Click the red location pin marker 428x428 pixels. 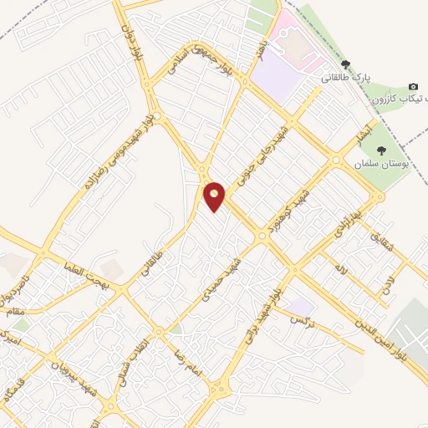pyautogui.click(x=215, y=196)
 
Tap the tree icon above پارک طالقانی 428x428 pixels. pyautogui.click(x=344, y=64)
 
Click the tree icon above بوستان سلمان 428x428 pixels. pyautogui.click(x=381, y=150)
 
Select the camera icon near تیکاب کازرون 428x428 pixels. pyautogui.click(x=413, y=87)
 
